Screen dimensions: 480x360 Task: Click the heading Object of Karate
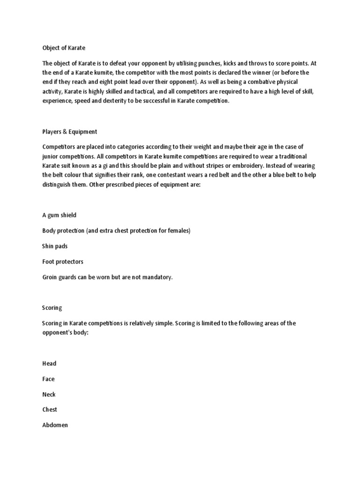(x=64, y=48)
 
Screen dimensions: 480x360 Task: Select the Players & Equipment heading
(x=69, y=132)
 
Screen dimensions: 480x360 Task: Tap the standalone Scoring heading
(x=52, y=308)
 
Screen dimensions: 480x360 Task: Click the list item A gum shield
(x=59, y=215)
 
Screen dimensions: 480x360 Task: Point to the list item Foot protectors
(x=63, y=262)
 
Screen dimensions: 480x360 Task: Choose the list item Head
(x=49, y=363)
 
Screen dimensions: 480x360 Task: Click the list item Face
(x=48, y=379)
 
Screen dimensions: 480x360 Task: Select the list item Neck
(x=49, y=394)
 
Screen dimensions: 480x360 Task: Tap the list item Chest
(x=50, y=409)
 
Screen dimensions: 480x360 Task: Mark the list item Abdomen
(x=55, y=425)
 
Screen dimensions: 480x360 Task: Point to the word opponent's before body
(x=61, y=332)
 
